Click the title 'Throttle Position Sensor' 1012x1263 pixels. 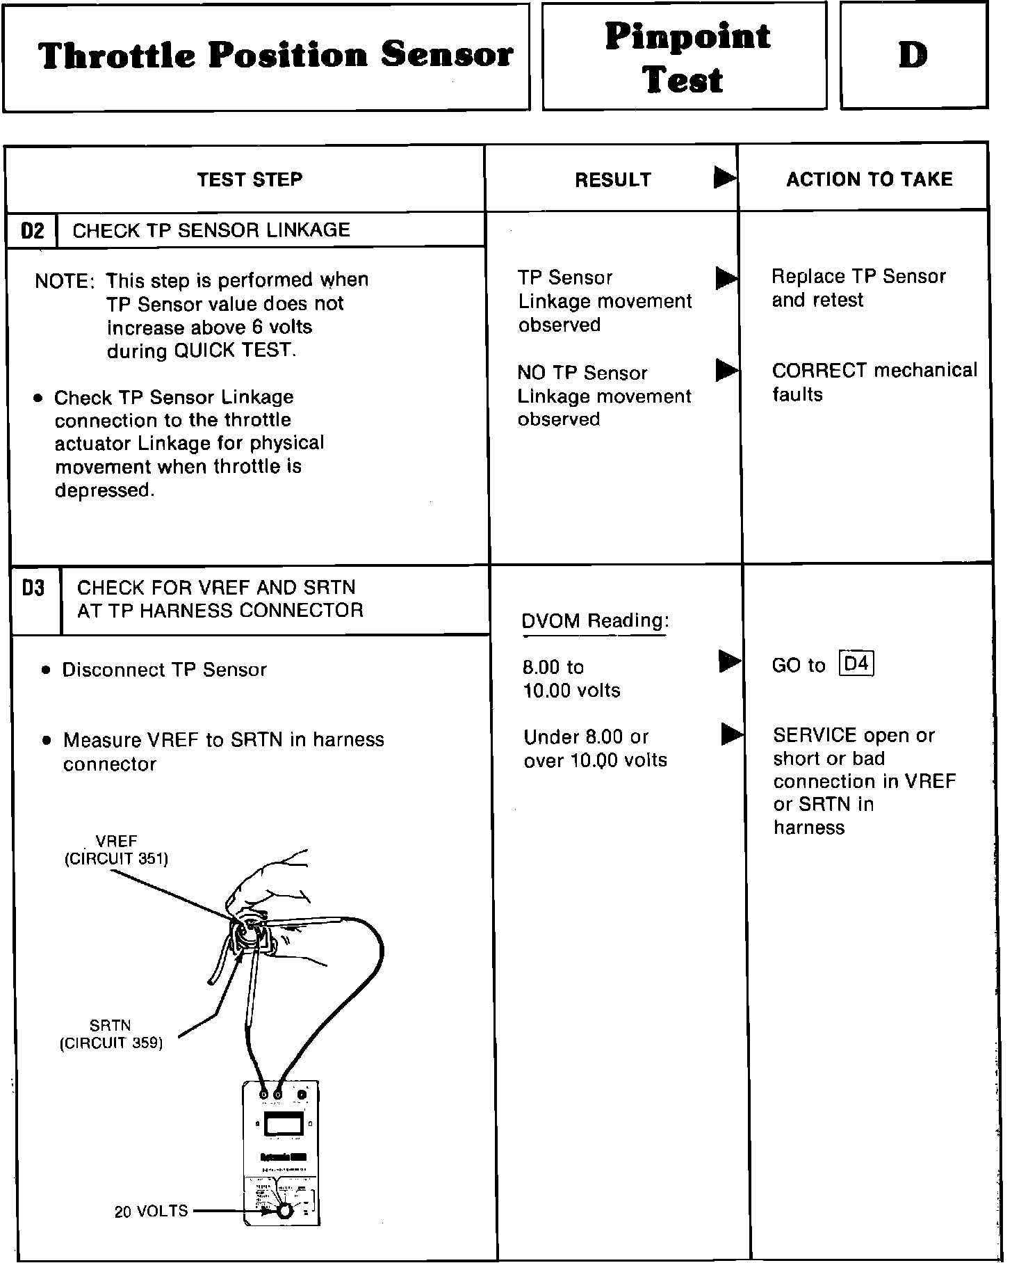[275, 56]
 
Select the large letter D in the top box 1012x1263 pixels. [913, 55]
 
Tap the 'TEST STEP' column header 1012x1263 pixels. [250, 179]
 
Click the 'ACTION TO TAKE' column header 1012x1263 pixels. [869, 179]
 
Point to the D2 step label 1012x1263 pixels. [33, 230]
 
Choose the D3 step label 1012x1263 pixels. [33, 588]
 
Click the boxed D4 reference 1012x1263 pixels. [856, 664]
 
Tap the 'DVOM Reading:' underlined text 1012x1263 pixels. [595, 620]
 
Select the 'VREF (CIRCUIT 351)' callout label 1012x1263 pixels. [116, 851]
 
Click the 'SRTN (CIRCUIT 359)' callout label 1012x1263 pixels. [111, 1034]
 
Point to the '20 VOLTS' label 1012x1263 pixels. [151, 1211]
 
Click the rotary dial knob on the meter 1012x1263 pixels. [284, 1211]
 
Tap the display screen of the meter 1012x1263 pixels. [284, 1125]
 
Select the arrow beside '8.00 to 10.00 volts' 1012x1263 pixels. [729, 661]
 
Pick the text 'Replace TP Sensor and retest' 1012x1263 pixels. [858, 288]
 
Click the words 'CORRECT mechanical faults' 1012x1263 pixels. [874, 382]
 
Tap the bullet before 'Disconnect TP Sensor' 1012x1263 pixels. [46, 670]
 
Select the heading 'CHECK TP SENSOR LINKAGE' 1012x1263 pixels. [211, 230]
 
